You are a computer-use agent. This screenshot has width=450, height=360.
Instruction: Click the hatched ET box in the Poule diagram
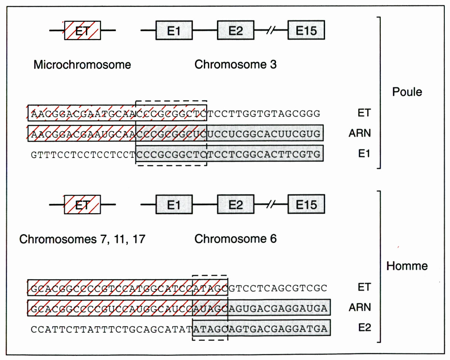pyautogui.click(x=82, y=30)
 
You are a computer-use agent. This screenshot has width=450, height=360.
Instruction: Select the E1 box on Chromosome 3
pyautogui.click(x=174, y=30)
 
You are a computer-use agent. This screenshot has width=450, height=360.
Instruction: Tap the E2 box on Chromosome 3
pyautogui.click(x=236, y=30)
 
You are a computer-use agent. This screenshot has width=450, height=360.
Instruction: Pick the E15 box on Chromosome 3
pyautogui.click(x=306, y=30)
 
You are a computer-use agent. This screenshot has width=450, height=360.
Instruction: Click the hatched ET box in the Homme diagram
pyautogui.click(x=82, y=204)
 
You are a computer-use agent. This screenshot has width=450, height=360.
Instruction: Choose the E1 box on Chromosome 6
pyautogui.click(x=174, y=204)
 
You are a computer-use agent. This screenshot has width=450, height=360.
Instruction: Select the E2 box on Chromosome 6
pyautogui.click(x=236, y=204)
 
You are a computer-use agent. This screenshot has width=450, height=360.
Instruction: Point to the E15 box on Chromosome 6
pyautogui.click(x=306, y=204)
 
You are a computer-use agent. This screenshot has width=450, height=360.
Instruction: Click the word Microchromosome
pyautogui.click(x=82, y=65)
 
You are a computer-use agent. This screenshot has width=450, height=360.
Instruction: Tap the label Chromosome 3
pyautogui.click(x=235, y=64)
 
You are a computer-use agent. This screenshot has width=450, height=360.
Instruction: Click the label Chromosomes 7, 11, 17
pyautogui.click(x=82, y=239)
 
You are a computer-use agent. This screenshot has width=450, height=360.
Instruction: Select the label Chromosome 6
pyautogui.click(x=235, y=239)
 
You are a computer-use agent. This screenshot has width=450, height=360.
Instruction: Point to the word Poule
pyautogui.click(x=407, y=92)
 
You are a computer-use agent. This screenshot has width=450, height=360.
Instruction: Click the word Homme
pyautogui.click(x=407, y=266)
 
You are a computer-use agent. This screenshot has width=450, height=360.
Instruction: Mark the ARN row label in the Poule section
pyautogui.click(x=360, y=133)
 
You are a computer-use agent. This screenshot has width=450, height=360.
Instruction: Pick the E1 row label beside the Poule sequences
pyautogui.click(x=364, y=154)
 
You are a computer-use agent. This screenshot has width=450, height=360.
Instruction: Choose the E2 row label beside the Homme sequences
pyautogui.click(x=364, y=328)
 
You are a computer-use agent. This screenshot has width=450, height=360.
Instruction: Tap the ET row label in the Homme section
pyautogui.click(x=364, y=287)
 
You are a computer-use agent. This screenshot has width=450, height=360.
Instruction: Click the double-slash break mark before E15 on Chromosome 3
pyautogui.click(x=271, y=30)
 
